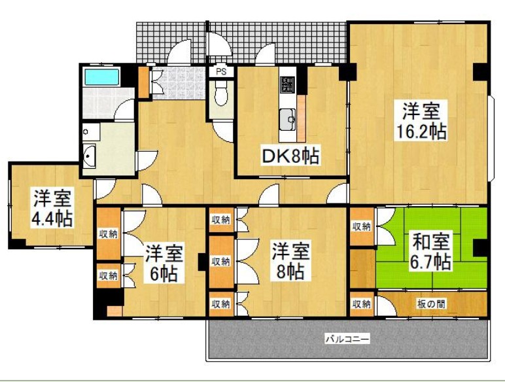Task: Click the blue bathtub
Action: coord(101,77)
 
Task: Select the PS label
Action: coord(221,72)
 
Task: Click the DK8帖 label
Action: coord(290,156)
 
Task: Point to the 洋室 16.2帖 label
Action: coord(420,121)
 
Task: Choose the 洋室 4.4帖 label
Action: coord(52,207)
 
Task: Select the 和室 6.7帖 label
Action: coord(430,252)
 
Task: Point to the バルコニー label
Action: coord(347,339)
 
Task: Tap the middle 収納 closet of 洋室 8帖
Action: coord(220,262)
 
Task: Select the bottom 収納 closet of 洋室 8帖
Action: coord(220,304)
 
